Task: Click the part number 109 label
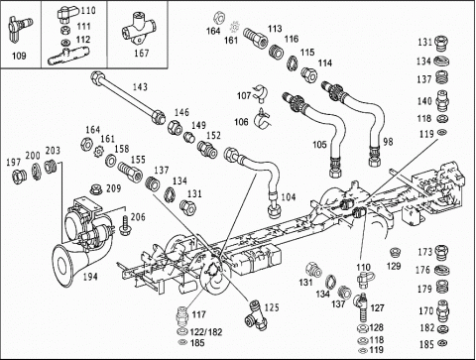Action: (19, 56)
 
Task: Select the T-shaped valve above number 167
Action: (139, 29)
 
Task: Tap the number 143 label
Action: (140, 87)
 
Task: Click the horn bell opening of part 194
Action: (62, 265)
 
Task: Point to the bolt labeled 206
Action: (125, 226)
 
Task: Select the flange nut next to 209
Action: (96, 189)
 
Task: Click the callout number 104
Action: (289, 197)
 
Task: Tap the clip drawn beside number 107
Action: (260, 93)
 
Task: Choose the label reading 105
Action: (319, 145)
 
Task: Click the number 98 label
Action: (388, 142)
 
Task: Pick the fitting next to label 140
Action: (441, 101)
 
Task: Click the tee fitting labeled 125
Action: (256, 314)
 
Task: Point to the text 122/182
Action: (206, 332)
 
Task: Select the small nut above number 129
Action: (395, 253)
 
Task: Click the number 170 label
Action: (425, 310)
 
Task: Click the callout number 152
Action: (213, 135)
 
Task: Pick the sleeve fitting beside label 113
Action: (256, 39)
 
